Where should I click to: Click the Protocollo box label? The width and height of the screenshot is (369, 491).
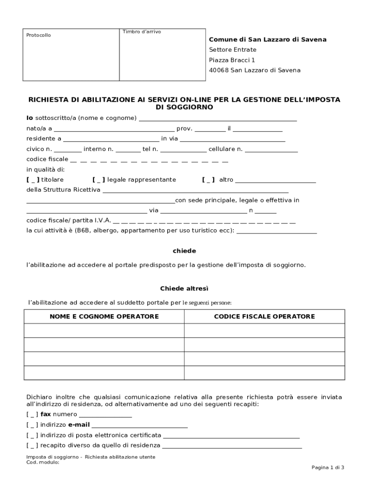(38, 35)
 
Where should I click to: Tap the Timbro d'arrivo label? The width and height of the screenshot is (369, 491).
(141, 32)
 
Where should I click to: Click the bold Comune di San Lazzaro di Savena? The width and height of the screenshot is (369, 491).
(267, 40)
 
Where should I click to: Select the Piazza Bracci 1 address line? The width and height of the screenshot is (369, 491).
(232, 60)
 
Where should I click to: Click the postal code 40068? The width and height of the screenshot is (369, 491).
(219, 70)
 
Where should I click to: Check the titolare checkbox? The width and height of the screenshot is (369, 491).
(33, 180)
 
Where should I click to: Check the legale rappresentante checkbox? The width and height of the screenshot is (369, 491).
(99, 180)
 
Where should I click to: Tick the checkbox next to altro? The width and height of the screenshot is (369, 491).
(208, 180)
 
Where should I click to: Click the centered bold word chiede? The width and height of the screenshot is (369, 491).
(184, 251)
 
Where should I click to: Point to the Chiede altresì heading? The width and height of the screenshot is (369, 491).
(184, 289)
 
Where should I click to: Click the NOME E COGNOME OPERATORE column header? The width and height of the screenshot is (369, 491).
(104, 316)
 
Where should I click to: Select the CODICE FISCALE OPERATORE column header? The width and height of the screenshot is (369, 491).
(264, 316)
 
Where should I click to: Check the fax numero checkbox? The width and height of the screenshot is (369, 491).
(33, 414)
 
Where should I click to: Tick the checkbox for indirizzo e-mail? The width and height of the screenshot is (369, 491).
(33, 425)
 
